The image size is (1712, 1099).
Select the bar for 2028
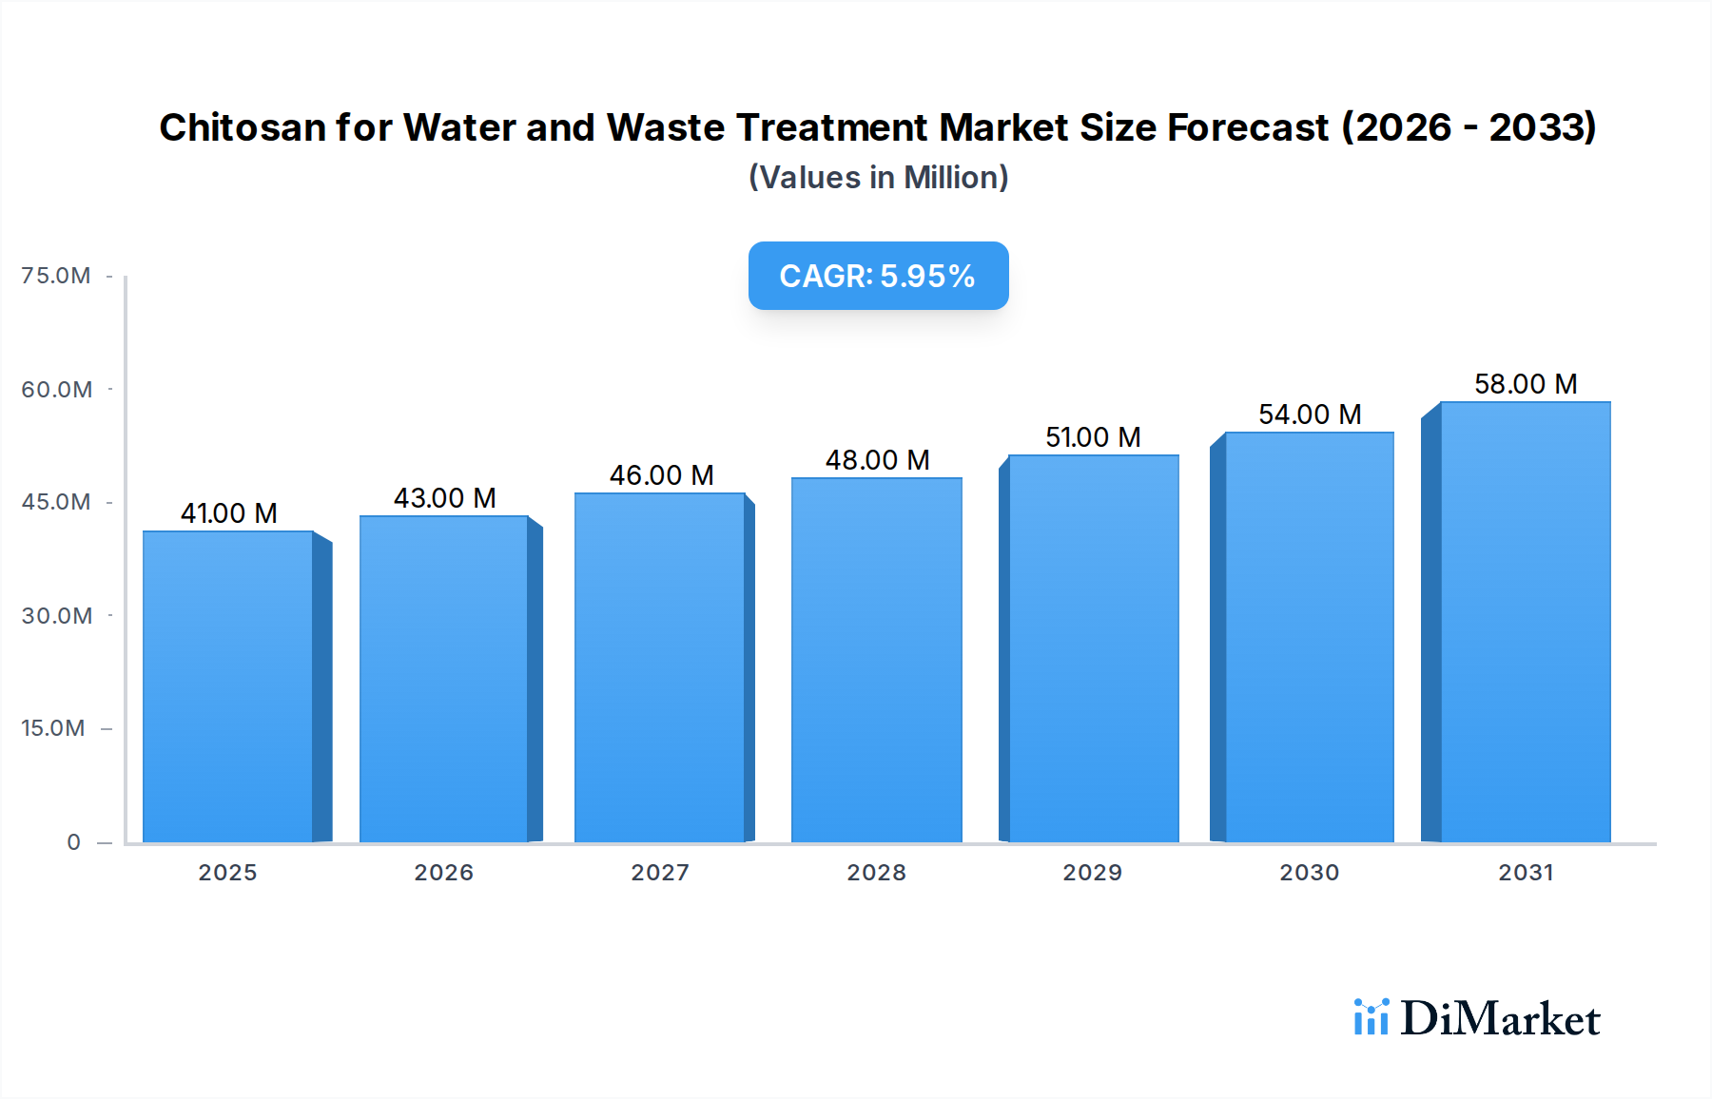click(x=876, y=660)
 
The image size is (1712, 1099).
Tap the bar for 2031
click(x=1525, y=622)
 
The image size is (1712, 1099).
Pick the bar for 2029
click(x=1093, y=648)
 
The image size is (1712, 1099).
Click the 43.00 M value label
click(x=445, y=498)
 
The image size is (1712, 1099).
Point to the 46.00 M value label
click(x=661, y=475)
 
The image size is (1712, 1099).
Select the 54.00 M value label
click(x=1310, y=415)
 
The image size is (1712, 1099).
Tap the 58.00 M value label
click(x=1526, y=384)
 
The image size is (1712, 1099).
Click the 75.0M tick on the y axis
click(x=56, y=276)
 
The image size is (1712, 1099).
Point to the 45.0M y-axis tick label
click(x=56, y=502)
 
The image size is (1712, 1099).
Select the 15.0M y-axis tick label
click(x=53, y=728)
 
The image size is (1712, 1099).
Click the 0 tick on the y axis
click(x=73, y=842)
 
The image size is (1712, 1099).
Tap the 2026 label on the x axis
click(x=443, y=873)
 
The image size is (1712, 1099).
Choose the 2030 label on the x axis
click(x=1309, y=873)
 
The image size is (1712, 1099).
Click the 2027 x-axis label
click(x=660, y=873)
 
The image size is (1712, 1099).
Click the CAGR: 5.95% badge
click(x=878, y=276)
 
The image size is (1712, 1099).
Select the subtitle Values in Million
click(x=878, y=178)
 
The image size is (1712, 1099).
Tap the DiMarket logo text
click(x=1500, y=1019)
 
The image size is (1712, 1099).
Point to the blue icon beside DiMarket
click(x=1371, y=1017)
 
